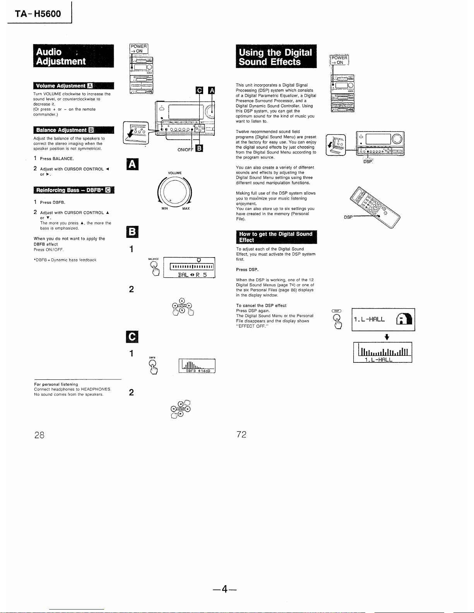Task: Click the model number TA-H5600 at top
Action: (x=38, y=14)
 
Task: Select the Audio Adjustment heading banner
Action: (x=74, y=56)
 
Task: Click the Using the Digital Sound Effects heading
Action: (x=276, y=57)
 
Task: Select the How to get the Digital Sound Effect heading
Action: (x=276, y=237)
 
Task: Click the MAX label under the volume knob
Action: (x=186, y=209)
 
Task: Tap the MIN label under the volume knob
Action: (x=165, y=209)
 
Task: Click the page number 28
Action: (x=39, y=435)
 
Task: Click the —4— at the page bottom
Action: (x=224, y=589)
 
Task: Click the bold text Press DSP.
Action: (x=247, y=270)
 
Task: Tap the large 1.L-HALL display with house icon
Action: (x=383, y=319)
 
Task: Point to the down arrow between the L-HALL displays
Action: (x=386, y=337)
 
